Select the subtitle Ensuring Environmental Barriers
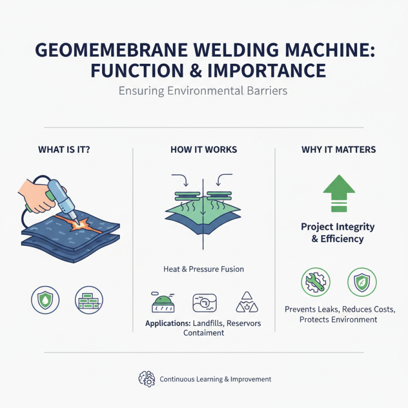pos(203,91)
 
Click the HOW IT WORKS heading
pos(203,150)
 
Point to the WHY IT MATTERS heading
pos(338,150)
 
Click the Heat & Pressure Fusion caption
pos(203,269)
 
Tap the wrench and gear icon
pos(315,282)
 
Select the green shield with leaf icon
pos(362,282)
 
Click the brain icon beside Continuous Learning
pos(146,379)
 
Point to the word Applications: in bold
pos(167,323)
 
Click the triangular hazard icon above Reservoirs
pos(247,302)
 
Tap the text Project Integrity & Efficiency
pos(338,233)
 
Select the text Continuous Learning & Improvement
pos(215,379)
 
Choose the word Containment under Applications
pos(203,333)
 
